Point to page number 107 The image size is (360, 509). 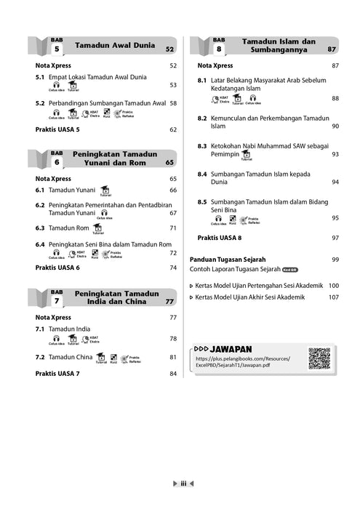pos(334,297)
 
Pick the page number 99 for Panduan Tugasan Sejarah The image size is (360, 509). pos(335,259)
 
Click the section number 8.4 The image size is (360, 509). pos(202,175)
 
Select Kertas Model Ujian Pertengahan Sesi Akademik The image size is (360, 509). pos(259,285)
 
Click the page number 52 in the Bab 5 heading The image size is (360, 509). pos(169,49)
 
